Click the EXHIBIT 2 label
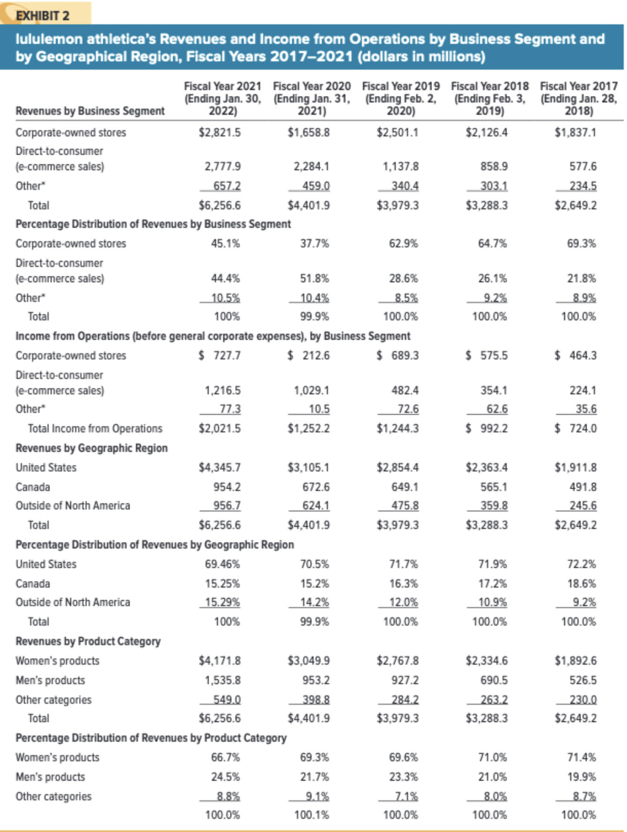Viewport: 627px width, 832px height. pyautogui.click(x=43, y=15)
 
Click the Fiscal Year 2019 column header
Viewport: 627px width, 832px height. pyautogui.click(x=401, y=98)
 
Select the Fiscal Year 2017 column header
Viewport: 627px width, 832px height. pyautogui.click(x=579, y=98)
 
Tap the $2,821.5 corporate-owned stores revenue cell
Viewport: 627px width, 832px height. pyautogui.click(x=220, y=133)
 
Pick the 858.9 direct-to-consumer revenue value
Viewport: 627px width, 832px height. pyautogui.click(x=494, y=166)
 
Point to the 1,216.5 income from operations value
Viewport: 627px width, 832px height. pyautogui.click(x=222, y=390)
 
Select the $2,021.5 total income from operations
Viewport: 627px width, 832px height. pyautogui.click(x=220, y=428)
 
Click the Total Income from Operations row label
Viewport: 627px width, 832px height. pyautogui.click(x=95, y=428)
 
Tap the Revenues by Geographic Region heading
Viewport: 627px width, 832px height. pyautogui.click(x=91, y=448)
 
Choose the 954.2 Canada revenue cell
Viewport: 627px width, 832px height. pyautogui.click(x=227, y=487)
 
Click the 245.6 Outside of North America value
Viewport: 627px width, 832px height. pyautogui.click(x=583, y=505)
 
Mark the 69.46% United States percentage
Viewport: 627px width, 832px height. pyautogui.click(x=222, y=564)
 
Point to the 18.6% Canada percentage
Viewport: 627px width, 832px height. pyautogui.click(x=582, y=583)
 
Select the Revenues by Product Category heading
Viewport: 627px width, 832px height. pyautogui.click(x=88, y=641)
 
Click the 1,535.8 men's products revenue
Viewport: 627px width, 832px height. pyautogui.click(x=222, y=680)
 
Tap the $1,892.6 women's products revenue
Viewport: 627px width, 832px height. pyautogui.click(x=575, y=661)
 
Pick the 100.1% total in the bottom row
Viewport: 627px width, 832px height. pyautogui.click(x=311, y=815)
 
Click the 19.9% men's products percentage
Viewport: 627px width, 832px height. pyautogui.click(x=582, y=777)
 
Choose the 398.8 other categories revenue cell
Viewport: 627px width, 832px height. pyautogui.click(x=316, y=699)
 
